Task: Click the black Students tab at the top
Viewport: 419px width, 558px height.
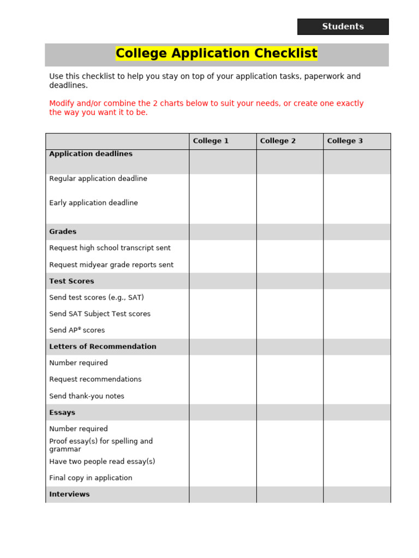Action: (x=343, y=27)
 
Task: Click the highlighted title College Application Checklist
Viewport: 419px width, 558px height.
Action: (x=216, y=54)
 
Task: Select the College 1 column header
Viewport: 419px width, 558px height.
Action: (x=211, y=141)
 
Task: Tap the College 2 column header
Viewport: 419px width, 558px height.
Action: (x=278, y=141)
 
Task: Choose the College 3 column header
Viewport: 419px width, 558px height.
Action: (x=345, y=141)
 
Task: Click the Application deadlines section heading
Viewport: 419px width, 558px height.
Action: (x=91, y=154)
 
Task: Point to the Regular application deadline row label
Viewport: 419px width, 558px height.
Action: (x=98, y=179)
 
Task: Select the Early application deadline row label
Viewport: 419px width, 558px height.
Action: (x=93, y=203)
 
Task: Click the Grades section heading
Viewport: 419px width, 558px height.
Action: (x=63, y=232)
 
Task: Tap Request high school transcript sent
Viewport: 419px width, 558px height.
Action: (x=110, y=248)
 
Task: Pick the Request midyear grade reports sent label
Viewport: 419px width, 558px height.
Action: (x=111, y=265)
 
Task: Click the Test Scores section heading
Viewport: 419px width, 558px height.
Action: (x=71, y=281)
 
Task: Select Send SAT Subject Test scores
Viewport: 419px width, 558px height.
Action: (x=100, y=314)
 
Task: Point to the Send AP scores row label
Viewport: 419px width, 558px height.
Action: (x=77, y=330)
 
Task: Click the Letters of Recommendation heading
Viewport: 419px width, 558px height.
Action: (x=103, y=347)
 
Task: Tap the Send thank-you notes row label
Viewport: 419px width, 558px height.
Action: (x=87, y=396)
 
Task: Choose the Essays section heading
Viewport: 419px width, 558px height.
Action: (x=62, y=413)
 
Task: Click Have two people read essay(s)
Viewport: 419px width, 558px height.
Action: (x=102, y=462)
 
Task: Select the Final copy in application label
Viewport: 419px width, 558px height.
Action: (x=91, y=478)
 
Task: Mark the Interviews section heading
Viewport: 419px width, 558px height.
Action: (x=69, y=494)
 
